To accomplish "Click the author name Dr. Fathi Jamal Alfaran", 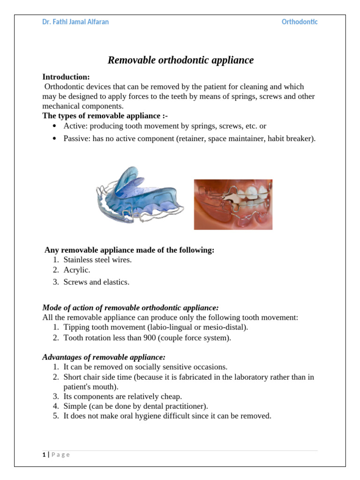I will point(75,22).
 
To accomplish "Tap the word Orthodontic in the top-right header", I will point(299,22).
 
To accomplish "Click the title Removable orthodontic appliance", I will point(180,60).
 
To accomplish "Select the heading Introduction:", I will point(66,76).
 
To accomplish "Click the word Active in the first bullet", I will point(75,126).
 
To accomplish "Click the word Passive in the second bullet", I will point(76,139).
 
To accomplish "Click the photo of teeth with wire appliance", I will point(233,204).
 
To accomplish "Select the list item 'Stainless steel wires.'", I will point(97,260).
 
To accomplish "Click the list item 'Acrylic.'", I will point(77,270).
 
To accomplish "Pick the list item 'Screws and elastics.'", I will point(96,282).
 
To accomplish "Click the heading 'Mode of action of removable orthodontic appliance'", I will point(130,307).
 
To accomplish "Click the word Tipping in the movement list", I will point(76,327).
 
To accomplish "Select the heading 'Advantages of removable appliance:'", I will point(104,357).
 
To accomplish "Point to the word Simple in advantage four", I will point(75,406).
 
